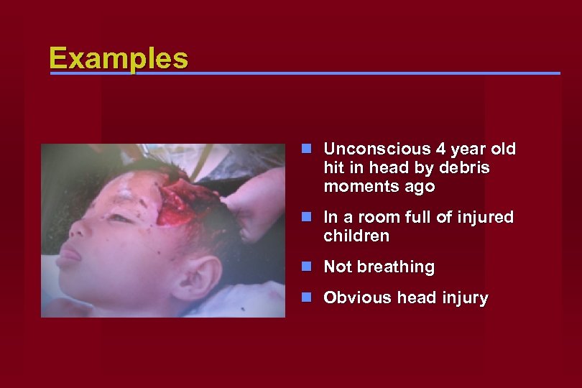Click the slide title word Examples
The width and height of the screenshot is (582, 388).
pyautogui.click(x=119, y=58)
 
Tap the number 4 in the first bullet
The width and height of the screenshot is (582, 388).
pyautogui.click(x=440, y=149)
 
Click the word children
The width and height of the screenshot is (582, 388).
pyautogui.click(x=356, y=236)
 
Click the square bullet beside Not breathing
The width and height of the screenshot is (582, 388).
pyautogui.click(x=307, y=267)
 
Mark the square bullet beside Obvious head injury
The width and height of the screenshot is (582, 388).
pyautogui.click(x=307, y=297)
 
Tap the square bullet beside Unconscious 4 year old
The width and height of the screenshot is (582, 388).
pyautogui.click(x=307, y=149)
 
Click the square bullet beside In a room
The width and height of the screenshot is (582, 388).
pyautogui.click(x=307, y=216)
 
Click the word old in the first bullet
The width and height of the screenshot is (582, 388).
pyautogui.click(x=503, y=149)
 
